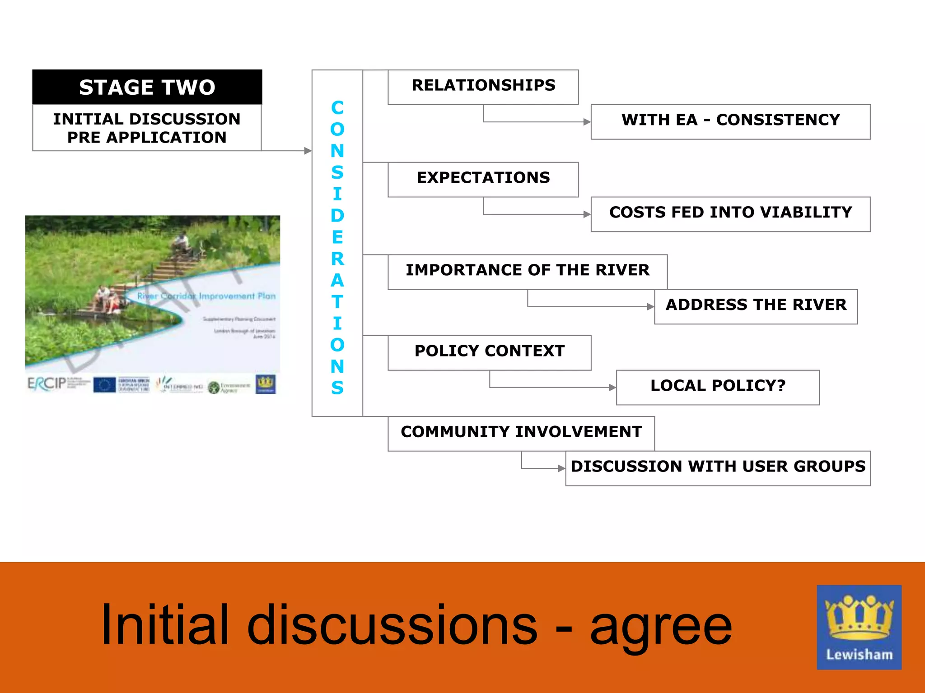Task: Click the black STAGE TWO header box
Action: tap(147, 87)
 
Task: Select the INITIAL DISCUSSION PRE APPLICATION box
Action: tap(147, 128)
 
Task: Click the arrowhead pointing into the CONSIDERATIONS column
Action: tap(308, 151)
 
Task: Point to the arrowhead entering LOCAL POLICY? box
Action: tap(612, 388)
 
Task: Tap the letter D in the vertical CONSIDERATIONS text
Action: tap(337, 216)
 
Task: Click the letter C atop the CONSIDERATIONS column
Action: tap(337, 108)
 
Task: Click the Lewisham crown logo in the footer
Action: tap(859, 627)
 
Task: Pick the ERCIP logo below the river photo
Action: tap(47, 384)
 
